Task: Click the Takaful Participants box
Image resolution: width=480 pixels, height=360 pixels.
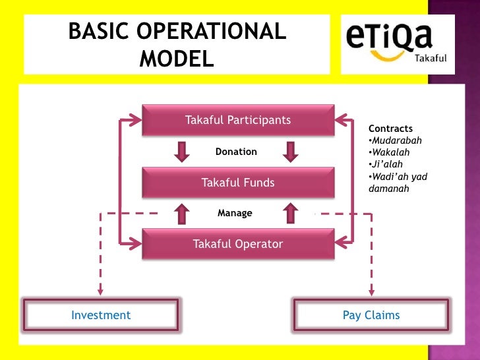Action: (x=237, y=120)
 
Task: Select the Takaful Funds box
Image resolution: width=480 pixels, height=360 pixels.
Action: (x=237, y=183)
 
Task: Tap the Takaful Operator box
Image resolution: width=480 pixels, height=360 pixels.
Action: (x=237, y=244)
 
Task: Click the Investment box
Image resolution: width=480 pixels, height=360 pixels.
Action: (x=101, y=315)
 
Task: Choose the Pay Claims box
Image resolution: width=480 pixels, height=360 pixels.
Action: (x=371, y=315)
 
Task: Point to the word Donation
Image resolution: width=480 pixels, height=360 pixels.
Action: (x=236, y=152)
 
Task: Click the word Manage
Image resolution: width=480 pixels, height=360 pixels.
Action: (x=235, y=213)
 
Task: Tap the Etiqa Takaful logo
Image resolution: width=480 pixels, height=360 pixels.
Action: (x=398, y=44)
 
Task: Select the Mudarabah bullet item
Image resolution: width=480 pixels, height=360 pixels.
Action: (x=396, y=140)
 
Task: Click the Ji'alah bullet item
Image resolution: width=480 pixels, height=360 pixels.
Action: (x=387, y=164)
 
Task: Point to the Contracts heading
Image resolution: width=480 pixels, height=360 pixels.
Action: (x=390, y=129)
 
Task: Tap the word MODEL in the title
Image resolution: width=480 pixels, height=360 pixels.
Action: (x=177, y=59)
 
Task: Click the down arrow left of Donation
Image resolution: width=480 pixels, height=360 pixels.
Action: (x=181, y=152)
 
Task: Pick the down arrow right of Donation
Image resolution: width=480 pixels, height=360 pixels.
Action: (x=289, y=152)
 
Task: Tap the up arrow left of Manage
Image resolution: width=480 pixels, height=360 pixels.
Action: (x=181, y=212)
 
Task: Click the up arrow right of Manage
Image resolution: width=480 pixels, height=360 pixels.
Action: (x=289, y=212)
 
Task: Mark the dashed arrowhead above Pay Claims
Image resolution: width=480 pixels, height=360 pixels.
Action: (x=371, y=289)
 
